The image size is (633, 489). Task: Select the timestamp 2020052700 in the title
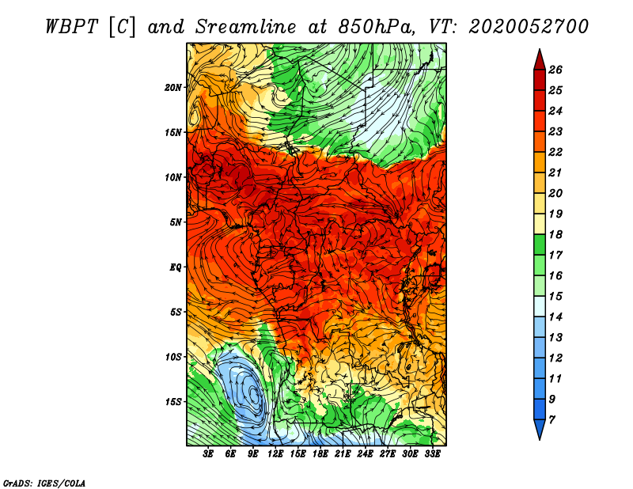point(529,26)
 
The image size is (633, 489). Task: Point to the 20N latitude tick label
point(173,87)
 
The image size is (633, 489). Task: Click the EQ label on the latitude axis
point(176,267)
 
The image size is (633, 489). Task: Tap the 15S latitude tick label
point(173,401)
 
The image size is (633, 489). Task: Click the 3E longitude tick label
point(209,454)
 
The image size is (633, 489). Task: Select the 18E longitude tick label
point(320,454)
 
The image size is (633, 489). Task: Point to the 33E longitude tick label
point(432,454)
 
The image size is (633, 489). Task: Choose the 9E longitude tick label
point(253,454)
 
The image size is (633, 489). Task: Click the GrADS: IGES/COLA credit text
point(44,482)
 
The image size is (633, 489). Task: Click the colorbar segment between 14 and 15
point(539,306)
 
